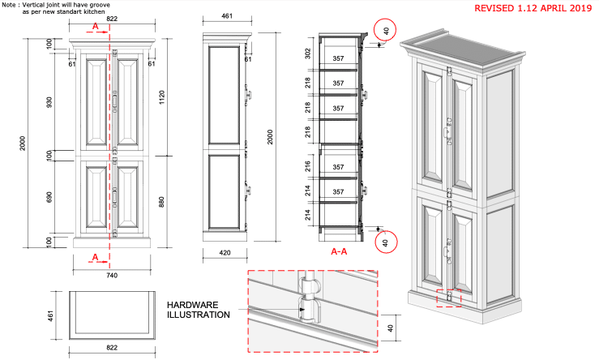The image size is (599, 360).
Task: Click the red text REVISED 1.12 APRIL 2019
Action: (533, 8)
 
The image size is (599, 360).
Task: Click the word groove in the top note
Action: (100, 6)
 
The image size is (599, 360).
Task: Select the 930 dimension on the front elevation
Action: (49, 102)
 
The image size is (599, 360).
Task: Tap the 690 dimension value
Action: (49, 197)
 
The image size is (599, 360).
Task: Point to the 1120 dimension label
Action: (161, 97)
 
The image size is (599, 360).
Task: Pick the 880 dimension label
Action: (161, 202)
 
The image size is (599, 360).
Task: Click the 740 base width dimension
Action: (112, 275)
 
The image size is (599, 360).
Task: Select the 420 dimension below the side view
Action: (225, 253)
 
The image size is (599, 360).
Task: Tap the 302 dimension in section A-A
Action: (308, 54)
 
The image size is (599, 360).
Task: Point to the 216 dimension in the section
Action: (308, 166)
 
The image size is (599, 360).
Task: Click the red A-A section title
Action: (339, 251)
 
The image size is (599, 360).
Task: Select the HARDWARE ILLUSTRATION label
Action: (199, 310)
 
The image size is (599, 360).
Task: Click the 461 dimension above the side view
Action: (227, 16)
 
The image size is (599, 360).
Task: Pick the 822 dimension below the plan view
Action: (112, 347)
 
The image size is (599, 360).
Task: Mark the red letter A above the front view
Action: (96, 27)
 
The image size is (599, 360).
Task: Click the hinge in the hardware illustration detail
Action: (308, 302)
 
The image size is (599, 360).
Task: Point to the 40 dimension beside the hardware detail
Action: (390, 328)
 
